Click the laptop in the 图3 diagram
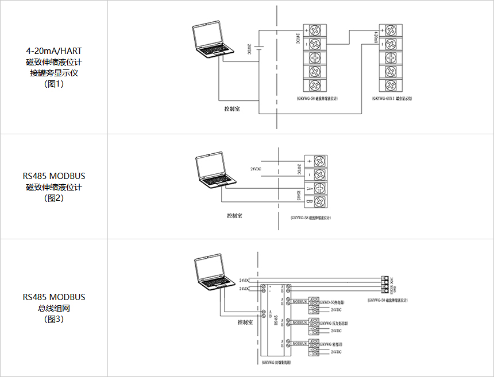point(213,274)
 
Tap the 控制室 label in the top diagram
point(232,107)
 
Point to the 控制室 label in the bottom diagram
point(246,322)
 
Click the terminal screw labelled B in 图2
point(321,201)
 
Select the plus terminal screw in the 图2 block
point(321,161)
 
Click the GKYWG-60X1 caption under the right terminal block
point(392,99)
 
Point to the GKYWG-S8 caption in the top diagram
point(317,99)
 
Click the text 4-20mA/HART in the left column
point(54,50)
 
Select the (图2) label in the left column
point(54,198)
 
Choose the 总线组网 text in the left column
point(54,308)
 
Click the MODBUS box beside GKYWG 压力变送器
point(300,322)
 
